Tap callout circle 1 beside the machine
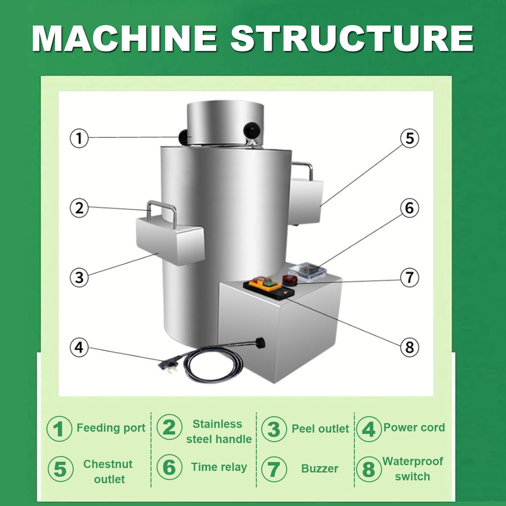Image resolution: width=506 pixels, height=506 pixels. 79,138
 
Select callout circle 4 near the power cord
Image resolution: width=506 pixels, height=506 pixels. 79,347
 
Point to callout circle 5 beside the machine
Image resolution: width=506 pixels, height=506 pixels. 410,138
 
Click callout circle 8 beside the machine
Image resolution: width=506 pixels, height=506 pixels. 410,347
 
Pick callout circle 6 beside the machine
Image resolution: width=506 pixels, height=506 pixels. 410,208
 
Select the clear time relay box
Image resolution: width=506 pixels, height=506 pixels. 307,271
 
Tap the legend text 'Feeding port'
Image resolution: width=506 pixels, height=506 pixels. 111,428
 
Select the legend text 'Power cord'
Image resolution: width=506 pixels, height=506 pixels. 414,428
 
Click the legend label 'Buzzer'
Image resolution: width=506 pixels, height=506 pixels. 320,468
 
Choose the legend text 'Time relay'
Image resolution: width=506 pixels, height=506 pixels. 219,467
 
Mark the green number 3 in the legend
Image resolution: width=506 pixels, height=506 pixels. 274,429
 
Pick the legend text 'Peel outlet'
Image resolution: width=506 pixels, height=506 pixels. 320,429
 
